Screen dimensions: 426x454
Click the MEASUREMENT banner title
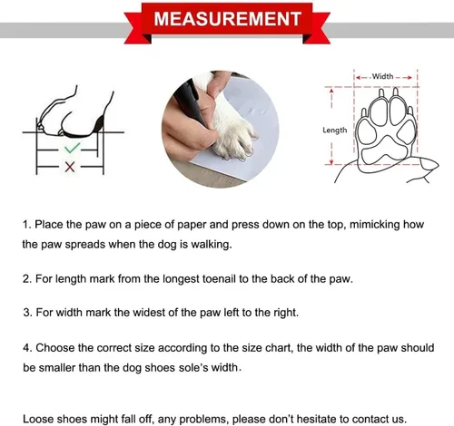point(227,19)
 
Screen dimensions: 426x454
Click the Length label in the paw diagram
point(335,131)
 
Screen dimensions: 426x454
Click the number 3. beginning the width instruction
point(27,313)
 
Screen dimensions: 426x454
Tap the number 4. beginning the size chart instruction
point(27,348)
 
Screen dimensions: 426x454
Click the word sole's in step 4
point(189,368)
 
